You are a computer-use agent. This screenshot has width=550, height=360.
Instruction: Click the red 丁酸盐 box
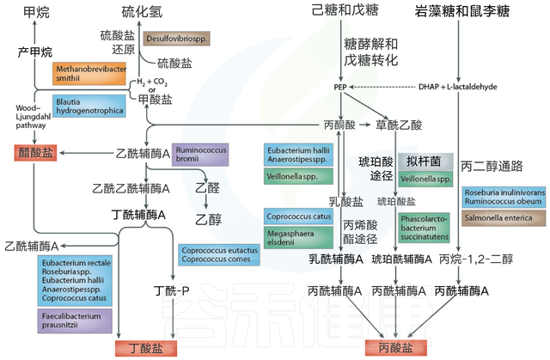click(139, 348)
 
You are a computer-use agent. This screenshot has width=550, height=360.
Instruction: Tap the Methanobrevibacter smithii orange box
click(85, 75)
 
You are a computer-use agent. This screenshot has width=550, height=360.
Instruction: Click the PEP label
click(340, 88)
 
